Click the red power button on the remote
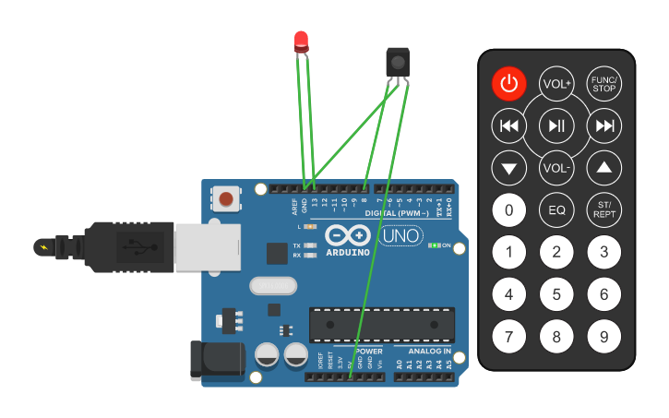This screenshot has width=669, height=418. [508, 84]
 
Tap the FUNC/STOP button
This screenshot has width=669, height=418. [604, 84]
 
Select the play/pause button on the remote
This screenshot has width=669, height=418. [556, 125]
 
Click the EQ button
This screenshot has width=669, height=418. [556, 210]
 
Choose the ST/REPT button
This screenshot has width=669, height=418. [604, 210]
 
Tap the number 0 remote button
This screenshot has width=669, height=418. [508, 210]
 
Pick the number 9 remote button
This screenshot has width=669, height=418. [604, 337]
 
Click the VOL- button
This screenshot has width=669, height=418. [556, 168]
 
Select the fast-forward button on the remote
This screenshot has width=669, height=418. [604, 125]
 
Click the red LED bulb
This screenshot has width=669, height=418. [302, 41]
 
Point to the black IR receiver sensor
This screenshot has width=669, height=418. [397, 62]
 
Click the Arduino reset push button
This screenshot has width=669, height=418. [226, 197]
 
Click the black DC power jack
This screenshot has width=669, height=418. [211, 361]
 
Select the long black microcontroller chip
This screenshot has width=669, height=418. [381, 323]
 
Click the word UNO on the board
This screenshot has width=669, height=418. [403, 236]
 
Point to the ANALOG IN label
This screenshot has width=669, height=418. [424, 352]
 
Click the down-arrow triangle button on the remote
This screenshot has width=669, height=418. [508, 168]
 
